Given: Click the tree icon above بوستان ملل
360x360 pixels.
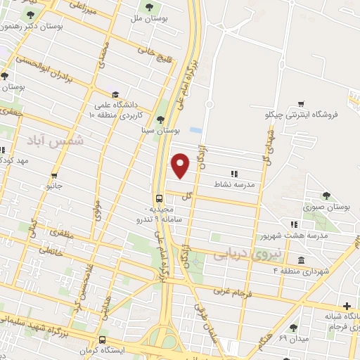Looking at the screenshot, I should [149, 8].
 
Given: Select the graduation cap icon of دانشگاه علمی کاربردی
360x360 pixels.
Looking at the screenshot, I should [115, 94].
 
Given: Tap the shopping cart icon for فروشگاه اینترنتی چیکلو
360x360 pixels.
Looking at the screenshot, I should [301, 104].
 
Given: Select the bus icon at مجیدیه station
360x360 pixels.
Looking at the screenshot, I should [160, 198].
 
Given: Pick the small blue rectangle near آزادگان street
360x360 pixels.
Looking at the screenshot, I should [195, 131].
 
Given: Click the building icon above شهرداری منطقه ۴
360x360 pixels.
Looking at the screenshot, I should [301, 261].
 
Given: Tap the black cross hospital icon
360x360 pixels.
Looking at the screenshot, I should [347, 307].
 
